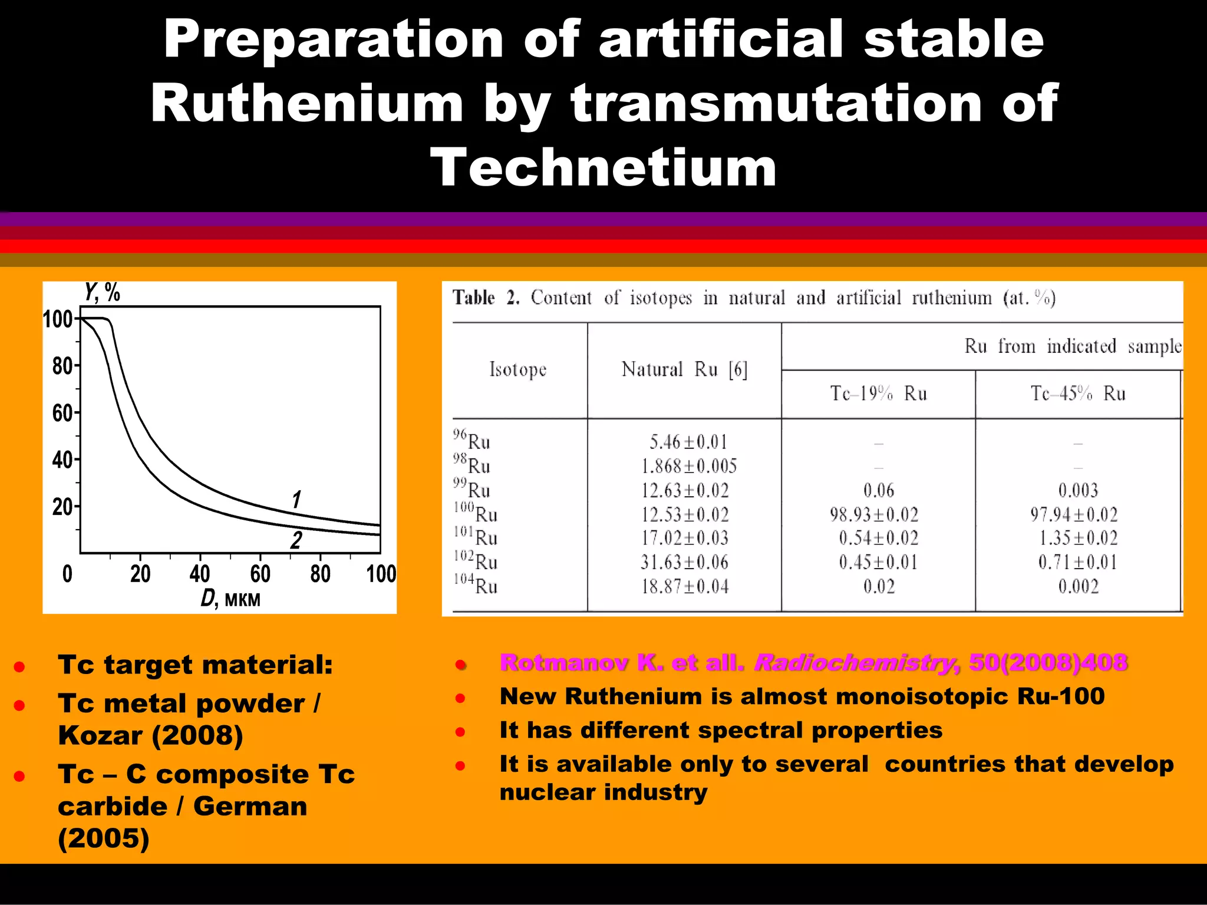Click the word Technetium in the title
point(603,168)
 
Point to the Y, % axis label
point(102,292)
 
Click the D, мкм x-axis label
point(230,599)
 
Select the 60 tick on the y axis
point(62,413)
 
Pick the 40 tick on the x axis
point(200,573)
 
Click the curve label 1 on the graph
point(296,500)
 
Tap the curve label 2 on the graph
point(296,540)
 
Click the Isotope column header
point(518,369)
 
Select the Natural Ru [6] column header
point(684,369)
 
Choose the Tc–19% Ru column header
point(878,393)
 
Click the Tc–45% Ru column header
point(1078,393)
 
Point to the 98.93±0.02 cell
point(874,514)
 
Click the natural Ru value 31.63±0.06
point(684,562)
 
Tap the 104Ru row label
point(476,586)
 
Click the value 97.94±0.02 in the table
point(1074,514)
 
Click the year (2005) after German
point(104,838)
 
